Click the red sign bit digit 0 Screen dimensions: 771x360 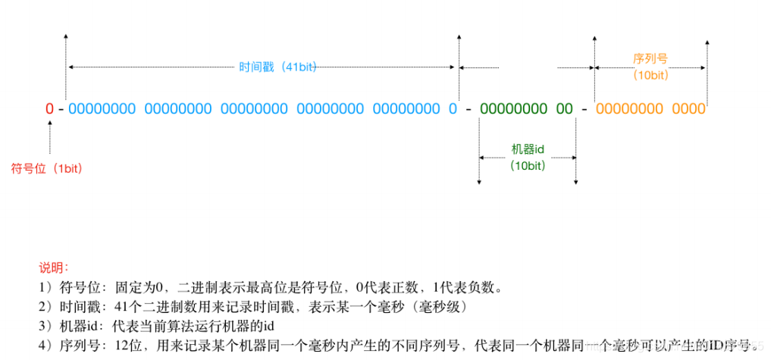pyautogui.click(x=49, y=109)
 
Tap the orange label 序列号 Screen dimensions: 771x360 pyautogui.click(x=650, y=58)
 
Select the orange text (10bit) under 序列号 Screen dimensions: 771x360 pyautogui.click(x=650, y=75)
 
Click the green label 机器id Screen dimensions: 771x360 pyautogui.click(x=528, y=149)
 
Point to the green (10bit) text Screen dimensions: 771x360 pyautogui.click(x=528, y=165)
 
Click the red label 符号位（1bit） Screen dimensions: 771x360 pyautogui.click(x=45, y=168)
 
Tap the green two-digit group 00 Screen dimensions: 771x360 pyautogui.click(x=565, y=109)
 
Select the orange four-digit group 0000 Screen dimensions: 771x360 pyautogui.click(x=688, y=109)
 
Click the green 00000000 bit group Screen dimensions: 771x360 pyautogui.click(x=513, y=109)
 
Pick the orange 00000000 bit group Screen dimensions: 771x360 pyautogui.click(x=629, y=109)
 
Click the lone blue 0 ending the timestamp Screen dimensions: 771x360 pyautogui.click(x=453, y=109)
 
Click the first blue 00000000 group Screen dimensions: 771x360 pyautogui.click(x=102, y=109)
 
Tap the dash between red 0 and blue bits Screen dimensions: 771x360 pyautogui.click(x=61, y=109)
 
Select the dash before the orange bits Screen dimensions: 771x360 pyautogui.click(x=584, y=109)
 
